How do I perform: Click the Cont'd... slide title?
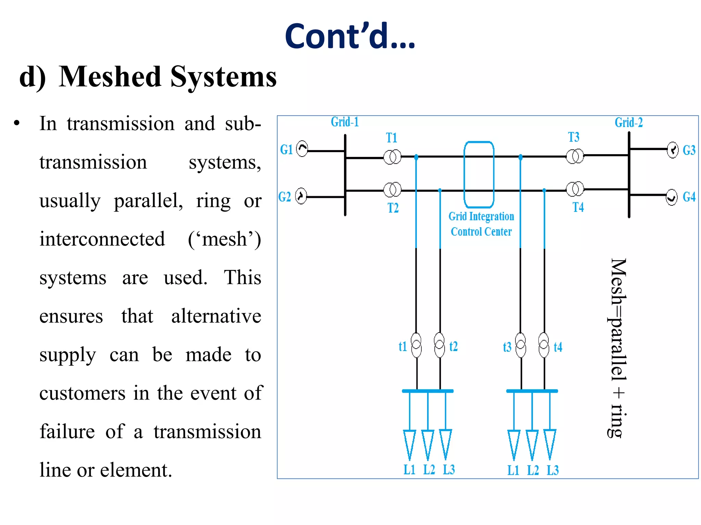(x=350, y=36)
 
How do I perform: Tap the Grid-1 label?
(x=345, y=122)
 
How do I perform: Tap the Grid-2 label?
(x=628, y=122)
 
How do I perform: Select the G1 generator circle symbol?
(x=302, y=149)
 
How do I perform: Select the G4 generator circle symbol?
(x=671, y=197)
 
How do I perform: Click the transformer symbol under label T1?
(x=392, y=157)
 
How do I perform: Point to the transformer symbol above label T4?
(x=575, y=189)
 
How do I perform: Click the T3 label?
(x=574, y=137)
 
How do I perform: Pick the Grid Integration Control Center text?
(x=481, y=224)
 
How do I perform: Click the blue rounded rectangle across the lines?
(x=479, y=174)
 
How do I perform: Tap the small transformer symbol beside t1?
(x=416, y=345)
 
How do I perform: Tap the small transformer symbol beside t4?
(x=544, y=345)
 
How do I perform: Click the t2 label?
(x=453, y=347)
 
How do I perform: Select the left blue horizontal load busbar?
(x=428, y=391)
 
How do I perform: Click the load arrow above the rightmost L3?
(x=550, y=444)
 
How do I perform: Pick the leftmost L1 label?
(x=409, y=470)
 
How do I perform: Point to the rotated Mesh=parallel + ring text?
(x=618, y=348)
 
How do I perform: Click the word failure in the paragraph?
(x=67, y=431)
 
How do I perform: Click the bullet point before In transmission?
(x=17, y=123)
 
